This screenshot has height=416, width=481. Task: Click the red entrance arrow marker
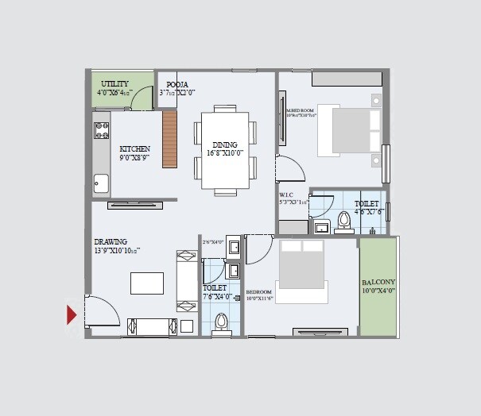(x=72, y=315)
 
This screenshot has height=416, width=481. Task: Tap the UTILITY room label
(x=114, y=84)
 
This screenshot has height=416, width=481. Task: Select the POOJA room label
(x=176, y=83)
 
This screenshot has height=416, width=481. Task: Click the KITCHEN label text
(x=134, y=148)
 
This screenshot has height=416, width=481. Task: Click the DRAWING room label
(x=111, y=242)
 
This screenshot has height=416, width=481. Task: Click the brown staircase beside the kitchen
(x=169, y=139)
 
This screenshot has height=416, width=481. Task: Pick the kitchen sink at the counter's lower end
(x=101, y=183)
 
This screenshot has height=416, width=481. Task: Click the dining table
(x=225, y=150)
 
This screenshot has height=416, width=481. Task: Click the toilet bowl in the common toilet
(x=222, y=322)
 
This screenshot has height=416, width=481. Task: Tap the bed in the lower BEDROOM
(x=301, y=270)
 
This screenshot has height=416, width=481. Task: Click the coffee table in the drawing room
(x=147, y=283)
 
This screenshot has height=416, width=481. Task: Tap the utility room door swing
(x=142, y=98)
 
